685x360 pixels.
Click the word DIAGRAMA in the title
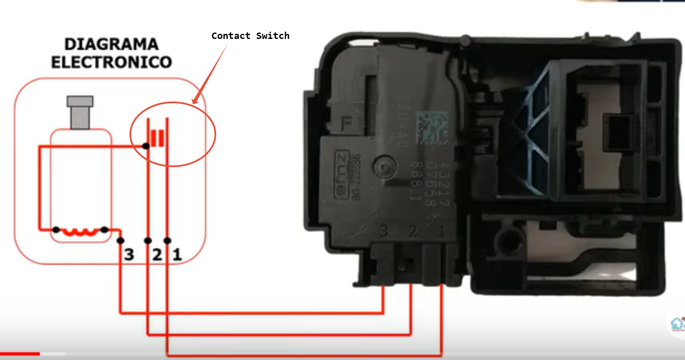click(111, 44)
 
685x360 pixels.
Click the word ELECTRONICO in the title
click(111, 63)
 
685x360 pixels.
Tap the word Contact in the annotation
click(231, 36)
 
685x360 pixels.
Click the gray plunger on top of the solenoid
click(80, 112)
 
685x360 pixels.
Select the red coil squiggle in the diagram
click(80, 232)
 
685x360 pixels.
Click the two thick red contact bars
click(157, 138)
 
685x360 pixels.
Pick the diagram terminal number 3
click(129, 255)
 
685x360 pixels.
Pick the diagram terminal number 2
click(157, 255)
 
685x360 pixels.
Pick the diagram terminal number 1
click(177, 255)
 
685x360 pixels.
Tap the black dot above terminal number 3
click(121, 241)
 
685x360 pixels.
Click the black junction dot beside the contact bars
click(146, 146)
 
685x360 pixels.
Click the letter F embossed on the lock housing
click(347, 124)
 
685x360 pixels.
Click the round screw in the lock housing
click(384, 168)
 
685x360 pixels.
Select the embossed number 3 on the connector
click(384, 231)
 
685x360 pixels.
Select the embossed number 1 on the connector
click(441, 231)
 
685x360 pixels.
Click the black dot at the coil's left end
click(56, 230)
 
